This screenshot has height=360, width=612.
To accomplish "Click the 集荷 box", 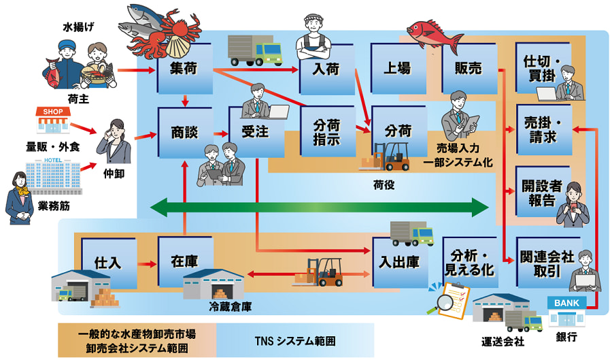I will point(184,69).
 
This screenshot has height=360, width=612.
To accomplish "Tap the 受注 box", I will point(253,131).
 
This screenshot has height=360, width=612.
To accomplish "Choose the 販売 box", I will point(467,69).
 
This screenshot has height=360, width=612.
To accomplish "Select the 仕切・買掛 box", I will point(542,69).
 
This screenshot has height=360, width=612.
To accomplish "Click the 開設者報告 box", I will point(541,193).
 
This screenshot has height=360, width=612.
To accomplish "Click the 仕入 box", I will point(109,263).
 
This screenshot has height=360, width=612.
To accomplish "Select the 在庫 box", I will point(184,263).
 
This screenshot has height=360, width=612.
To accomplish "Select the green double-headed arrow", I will point(320,206).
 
